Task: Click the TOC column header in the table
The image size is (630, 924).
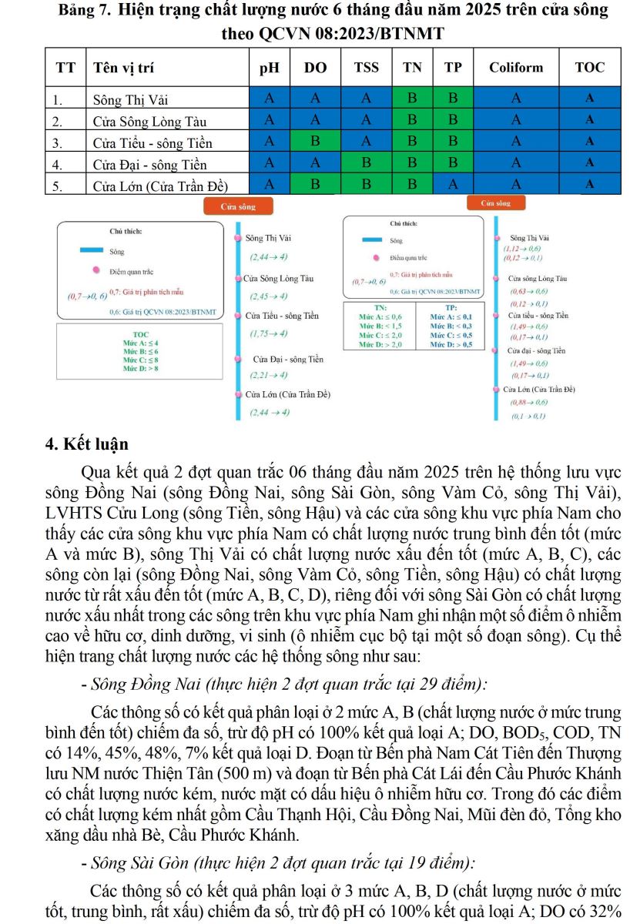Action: (x=590, y=68)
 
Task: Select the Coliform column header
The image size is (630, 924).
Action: (x=516, y=68)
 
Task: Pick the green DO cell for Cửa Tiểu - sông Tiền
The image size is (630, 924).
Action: (x=314, y=142)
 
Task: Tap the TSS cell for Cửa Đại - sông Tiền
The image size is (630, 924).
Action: (x=366, y=163)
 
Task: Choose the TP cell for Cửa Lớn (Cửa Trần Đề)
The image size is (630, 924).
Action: (x=453, y=185)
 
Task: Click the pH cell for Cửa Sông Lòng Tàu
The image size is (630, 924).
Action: (x=269, y=120)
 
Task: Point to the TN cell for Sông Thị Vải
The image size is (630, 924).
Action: (x=412, y=99)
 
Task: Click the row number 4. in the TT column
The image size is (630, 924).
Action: (x=57, y=165)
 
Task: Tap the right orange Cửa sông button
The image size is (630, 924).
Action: (x=495, y=204)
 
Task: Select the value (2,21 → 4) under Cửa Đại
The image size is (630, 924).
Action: (x=269, y=375)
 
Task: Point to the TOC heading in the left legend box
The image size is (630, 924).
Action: (x=140, y=335)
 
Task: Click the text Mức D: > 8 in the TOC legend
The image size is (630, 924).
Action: (x=140, y=369)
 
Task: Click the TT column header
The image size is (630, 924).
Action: (x=66, y=68)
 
